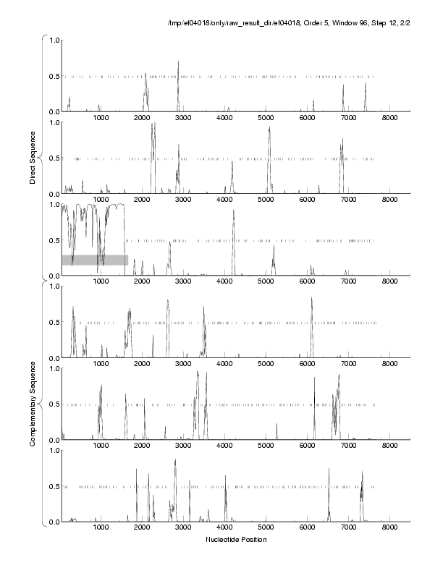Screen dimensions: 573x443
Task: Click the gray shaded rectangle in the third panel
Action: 95,260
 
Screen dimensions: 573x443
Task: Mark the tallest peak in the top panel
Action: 178,63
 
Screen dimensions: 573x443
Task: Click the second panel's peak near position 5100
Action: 269,128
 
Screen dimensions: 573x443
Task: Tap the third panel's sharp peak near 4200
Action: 233,211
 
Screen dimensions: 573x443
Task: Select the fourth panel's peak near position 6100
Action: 312,298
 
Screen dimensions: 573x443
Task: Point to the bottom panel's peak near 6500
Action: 329,469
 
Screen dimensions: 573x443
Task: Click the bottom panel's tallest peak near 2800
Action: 175,460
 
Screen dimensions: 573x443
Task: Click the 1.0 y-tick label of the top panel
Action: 51,40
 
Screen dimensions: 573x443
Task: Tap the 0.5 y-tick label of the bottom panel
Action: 51,486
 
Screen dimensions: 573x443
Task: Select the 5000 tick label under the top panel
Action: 266,118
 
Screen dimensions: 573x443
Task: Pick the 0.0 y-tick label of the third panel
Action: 51,276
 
